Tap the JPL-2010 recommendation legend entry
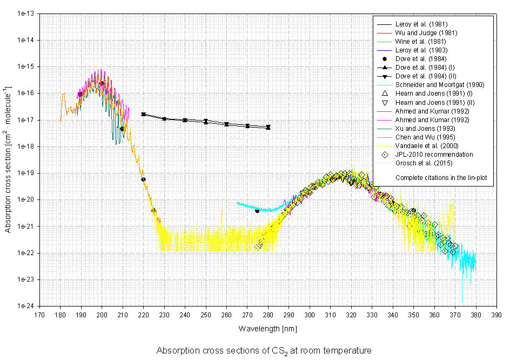[x=434, y=154]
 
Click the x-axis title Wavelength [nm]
[x=267, y=329]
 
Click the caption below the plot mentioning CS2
[x=264, y=351]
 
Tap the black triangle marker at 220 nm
[x=143, y=114]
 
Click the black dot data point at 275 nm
[x=257, y=211]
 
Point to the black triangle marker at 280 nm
[x=268, y=127]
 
